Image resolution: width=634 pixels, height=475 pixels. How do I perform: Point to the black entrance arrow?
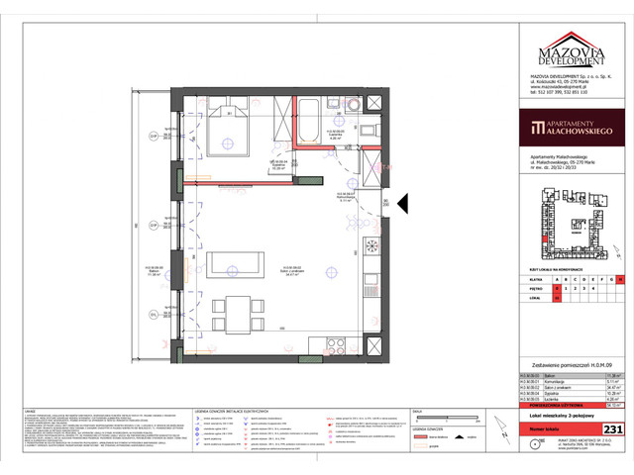click(x=401, y=205)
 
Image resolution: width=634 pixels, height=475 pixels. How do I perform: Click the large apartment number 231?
click(x=613, y=428)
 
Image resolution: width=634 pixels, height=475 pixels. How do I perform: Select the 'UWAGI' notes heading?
click(x=32, y=408)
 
